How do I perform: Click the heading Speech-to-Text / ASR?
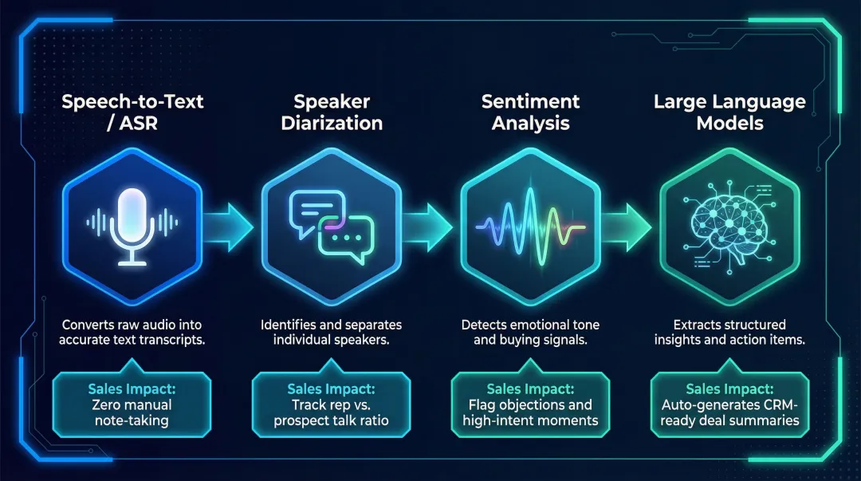tap(132, 112)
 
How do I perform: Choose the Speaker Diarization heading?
tap(331, 112)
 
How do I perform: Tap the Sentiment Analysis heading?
tap(530, 112)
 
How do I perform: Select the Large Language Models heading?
tap(729, 112)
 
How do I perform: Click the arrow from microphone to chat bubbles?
tap(231, 225)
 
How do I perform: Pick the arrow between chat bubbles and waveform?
tap(431, 225)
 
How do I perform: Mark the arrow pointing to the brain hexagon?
tap(629, 225)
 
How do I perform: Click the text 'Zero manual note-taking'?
tap(132, 412)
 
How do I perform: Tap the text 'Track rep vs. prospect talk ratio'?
tap(331, 412)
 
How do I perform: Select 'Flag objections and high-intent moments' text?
tap(530, 412)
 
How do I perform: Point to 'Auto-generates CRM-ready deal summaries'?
tap(729, 412)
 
